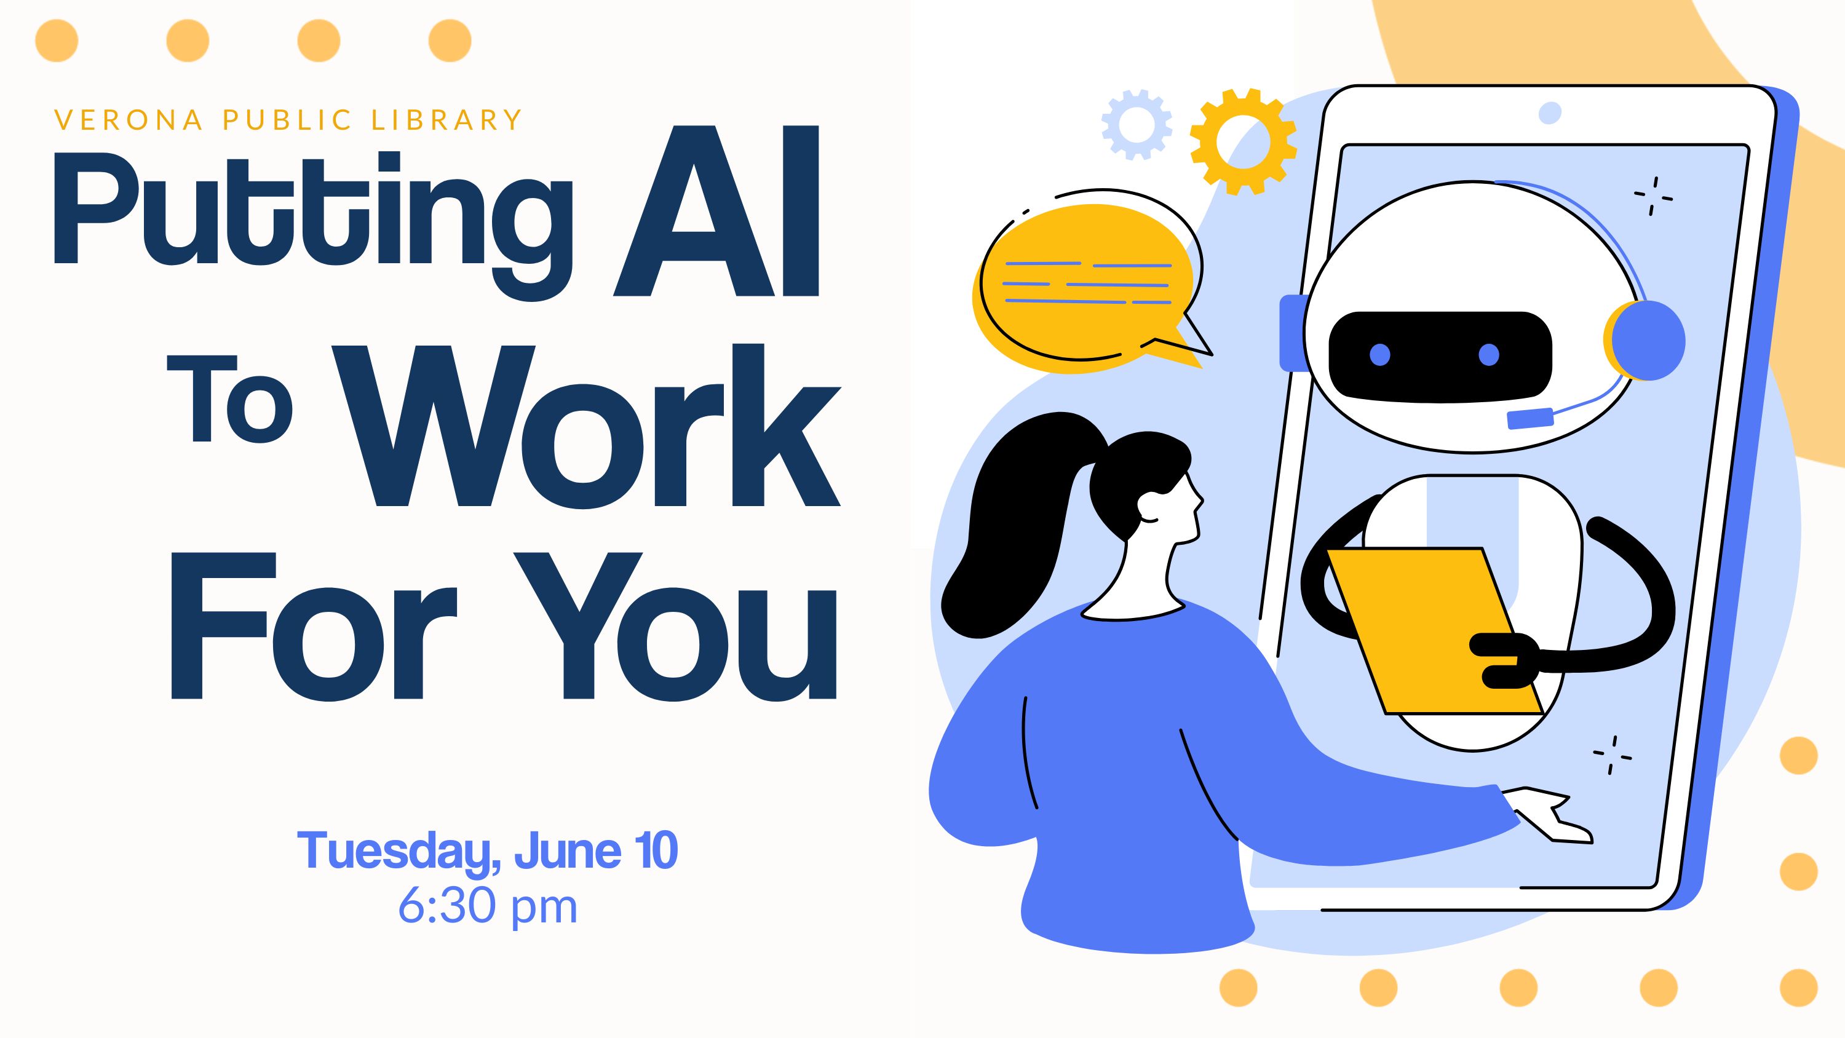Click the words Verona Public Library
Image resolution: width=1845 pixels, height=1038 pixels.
288,121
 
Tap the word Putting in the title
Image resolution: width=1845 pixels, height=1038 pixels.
313,226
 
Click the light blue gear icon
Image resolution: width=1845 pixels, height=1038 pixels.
1137,124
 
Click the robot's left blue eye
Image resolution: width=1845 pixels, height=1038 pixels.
1379,355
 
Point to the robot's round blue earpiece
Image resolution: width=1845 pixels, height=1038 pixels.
1645,340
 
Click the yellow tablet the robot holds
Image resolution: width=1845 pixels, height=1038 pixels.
1435,631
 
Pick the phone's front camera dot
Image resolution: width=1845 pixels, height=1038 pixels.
1550,113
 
